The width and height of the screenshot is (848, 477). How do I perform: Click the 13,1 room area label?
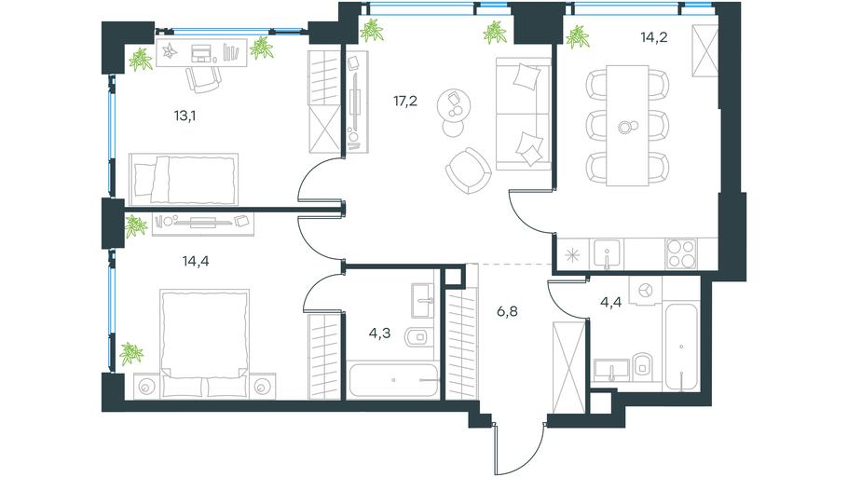pyautogui.click(x=185, y=116)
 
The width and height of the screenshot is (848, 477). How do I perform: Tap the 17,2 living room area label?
pyautogui.click(x=405, y=101)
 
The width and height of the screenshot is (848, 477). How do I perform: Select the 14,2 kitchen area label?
pyautogui.click(x=654, y=37)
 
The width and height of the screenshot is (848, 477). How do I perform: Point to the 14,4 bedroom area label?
pyautogui.click(x=196, y=261)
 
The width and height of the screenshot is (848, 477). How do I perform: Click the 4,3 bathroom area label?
pyautogui.click(x=379, y=334)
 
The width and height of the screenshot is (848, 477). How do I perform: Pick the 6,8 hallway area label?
pyautogui.click(x=507, y=311)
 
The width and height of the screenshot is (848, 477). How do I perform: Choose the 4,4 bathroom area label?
pyautogui.click(x=610, y=302)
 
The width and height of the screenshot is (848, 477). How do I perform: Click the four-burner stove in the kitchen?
pyautogui.click(x=681, y=253)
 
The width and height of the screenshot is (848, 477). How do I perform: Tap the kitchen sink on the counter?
pyautogui.click(x=608, y=253)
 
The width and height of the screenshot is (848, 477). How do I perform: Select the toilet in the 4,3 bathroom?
pyautogui.click(x=418, y=337)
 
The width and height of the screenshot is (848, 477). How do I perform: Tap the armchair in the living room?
pyautogui.click(x=469, y=170)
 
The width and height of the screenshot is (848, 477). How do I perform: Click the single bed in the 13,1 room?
pyautogui.click(x=184, y=179)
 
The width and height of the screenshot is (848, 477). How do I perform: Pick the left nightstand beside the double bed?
pyautogui.click(x=146, y=386)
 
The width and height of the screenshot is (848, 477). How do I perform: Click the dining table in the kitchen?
pyautogui.click(x=627, y=126)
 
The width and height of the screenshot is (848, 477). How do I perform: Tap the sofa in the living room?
pyautogui.click(x=524, y=114)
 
